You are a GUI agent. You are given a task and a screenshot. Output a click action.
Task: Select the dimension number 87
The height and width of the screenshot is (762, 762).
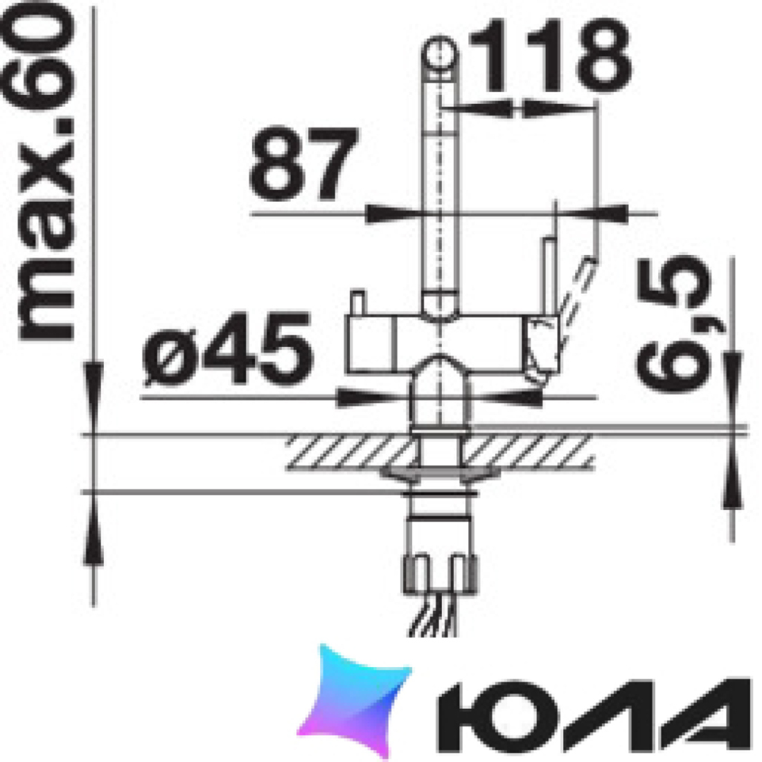point(303,163)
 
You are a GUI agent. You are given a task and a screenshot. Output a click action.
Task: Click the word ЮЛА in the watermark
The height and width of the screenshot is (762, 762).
point(594,715)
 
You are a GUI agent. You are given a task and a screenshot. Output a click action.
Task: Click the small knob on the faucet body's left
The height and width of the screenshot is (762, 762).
point(358,303)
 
